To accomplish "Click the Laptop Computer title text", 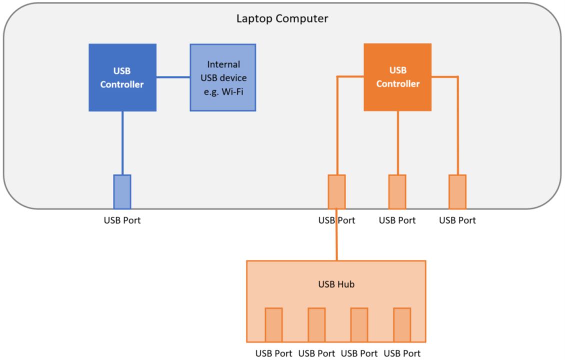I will [x=282, y=19].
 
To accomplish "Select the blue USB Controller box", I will [x=122, y=77].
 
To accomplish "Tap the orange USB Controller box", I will [x=397, y=77].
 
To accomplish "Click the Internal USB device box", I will [x=223, y=77].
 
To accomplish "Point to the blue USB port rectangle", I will [x=122, y=191].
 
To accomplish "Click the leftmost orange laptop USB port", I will [x=336, y=191].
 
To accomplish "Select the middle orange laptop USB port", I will [x=397, y=191].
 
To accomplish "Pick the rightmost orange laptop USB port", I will [x=457, y=191].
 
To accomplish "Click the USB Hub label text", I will [x=336, y=284].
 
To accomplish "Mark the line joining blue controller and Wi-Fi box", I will [x=173, y=77].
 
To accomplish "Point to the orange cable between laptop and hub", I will [x=336, y=240].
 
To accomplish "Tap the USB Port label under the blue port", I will [x=122, y=220].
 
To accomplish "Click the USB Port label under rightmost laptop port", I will [x=457, y=220].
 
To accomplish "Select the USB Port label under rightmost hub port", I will [x=402, y=353].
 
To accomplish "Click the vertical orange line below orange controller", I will [x=397, y=142].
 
